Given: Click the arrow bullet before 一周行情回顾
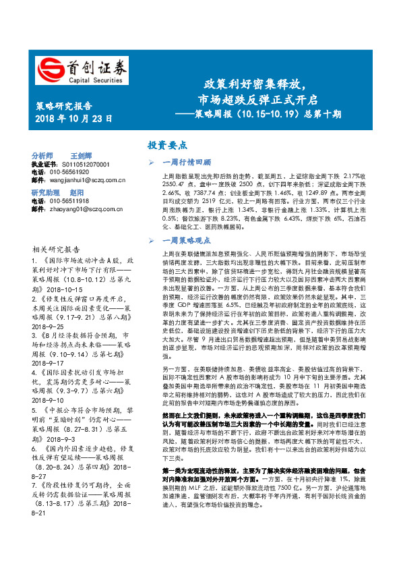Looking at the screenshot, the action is (153, 162).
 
